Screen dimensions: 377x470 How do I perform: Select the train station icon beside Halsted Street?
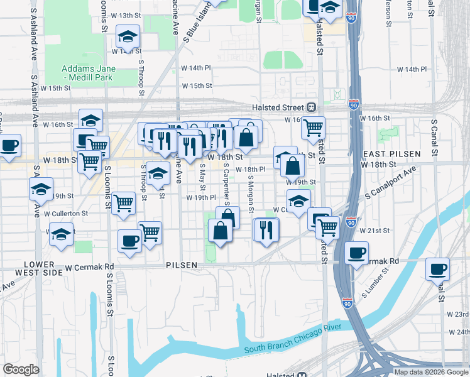(x=311, y=107)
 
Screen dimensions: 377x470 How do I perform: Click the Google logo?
(x=21, y=369)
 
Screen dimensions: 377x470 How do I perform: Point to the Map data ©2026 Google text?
(x=431, y=372)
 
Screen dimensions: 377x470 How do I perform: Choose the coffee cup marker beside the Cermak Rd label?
(x=357, y=253)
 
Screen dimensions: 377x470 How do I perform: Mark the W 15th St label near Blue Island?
(x=197, y=86)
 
